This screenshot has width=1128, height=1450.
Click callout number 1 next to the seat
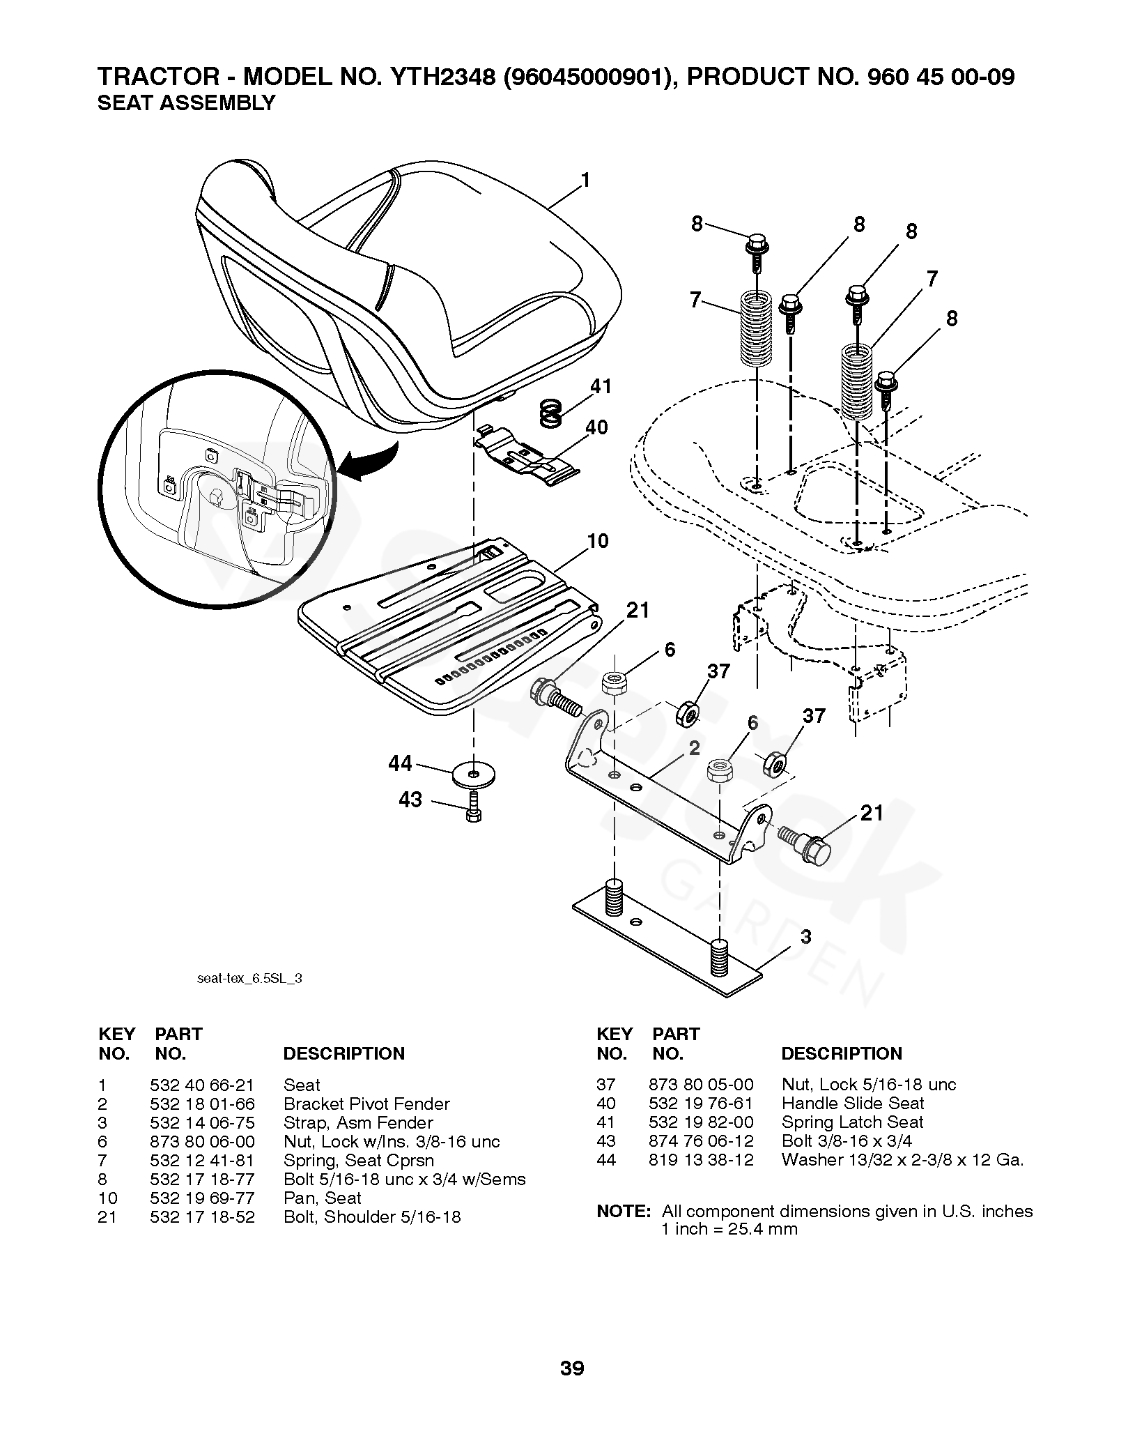pyautogui.click(x=585, y=181)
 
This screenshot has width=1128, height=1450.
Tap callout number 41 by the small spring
pyautogui.click(x=600, y=386)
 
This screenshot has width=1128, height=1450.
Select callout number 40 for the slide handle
pyautogui.click(x=597, y=427)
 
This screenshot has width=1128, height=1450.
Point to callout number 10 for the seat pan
pyautogui.click(x=598, y=541)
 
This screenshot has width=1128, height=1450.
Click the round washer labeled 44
pyautogui.click(x=474, y=774)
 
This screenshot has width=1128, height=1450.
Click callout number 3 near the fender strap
pyautogui.click(x=806, y=937)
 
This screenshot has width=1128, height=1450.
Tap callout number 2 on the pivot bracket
pyautogui.click(x=694, y=749)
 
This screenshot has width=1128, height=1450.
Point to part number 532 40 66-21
pyautogui.click(x=202, y=1085)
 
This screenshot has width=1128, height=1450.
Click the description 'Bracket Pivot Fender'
pyautogui.click(x=366, y=1104)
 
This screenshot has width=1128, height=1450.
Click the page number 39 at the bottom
pyautogui.click(x=572, y=1368)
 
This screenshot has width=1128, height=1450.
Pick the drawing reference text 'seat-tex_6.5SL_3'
pyautogui.click(x=249, y=978)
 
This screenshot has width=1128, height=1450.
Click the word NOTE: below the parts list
pyautogui.click(x=624, y=1211)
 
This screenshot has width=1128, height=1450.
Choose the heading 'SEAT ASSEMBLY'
pyautogui.click(x=186, y=103)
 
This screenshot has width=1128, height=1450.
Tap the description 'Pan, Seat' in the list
pyautogui.click(x=322, y=1198)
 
